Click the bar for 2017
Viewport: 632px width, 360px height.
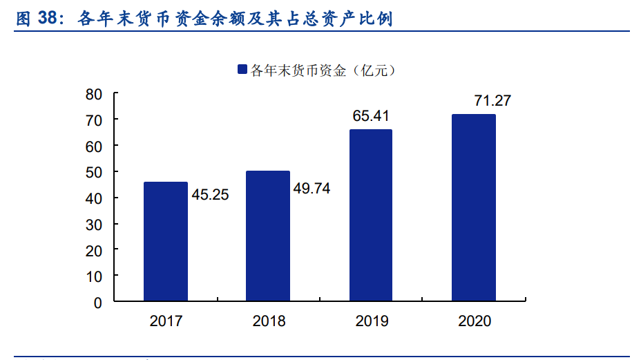[x=165, y=241]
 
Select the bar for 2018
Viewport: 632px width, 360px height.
[x=268, y=236]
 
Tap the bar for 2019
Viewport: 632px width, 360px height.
[x=371, y=215]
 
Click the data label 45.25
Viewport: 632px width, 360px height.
[x=210, y=195]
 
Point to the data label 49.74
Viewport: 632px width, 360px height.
[x=312, y=188]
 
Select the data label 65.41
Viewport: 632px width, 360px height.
[x=372, y=115]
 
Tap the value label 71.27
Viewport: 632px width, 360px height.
[x=492, y=101]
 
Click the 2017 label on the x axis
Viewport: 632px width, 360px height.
[x=165, y=321]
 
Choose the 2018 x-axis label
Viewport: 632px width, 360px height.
[x=269, y=321]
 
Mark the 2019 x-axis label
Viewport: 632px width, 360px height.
[x=372, y=321]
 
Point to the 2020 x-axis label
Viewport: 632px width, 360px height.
[x=475, y=321]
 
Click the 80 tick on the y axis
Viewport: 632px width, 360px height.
[x=94, y=94]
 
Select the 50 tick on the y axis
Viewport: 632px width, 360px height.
[x=94, y=172]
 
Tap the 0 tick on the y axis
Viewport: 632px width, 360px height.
[x=98, y=303]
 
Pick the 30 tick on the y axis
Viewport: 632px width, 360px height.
[x=94, y=225]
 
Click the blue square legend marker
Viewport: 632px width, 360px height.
[x=242, y=70]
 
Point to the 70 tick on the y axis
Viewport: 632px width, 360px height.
[x=94, y=120]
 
